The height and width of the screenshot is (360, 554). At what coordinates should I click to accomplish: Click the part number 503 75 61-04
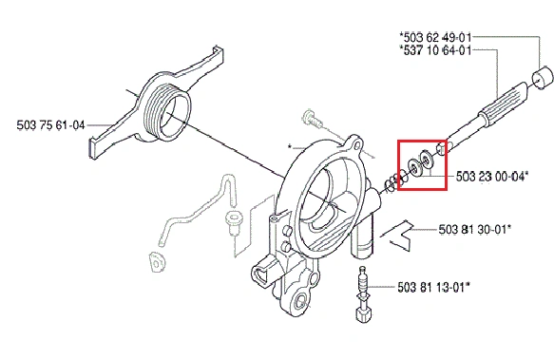[51, 125]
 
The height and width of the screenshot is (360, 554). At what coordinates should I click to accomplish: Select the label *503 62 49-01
[435, 37]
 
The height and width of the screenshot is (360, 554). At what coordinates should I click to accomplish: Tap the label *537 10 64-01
[435, 50]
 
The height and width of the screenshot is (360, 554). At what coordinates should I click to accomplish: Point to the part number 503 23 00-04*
[492, 176]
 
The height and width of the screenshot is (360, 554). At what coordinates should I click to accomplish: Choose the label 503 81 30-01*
[475, 229]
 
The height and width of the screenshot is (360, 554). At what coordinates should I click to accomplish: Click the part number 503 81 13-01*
[434, 287]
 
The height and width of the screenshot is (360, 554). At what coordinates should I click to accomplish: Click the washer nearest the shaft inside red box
[426, 161]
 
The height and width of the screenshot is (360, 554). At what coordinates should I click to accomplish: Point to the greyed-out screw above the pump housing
[313, 119]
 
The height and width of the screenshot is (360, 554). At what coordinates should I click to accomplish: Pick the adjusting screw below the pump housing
[364, 294]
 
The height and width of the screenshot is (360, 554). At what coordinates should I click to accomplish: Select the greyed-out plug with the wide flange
[233, 222]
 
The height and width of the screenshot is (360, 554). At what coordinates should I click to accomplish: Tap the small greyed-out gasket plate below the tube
[157, 262]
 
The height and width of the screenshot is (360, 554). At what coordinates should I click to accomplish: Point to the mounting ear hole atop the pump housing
[357, 145]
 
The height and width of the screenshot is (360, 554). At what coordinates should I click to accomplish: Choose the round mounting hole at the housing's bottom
[302, 301]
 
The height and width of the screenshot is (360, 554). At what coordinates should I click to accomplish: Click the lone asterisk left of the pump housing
[290, 146]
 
